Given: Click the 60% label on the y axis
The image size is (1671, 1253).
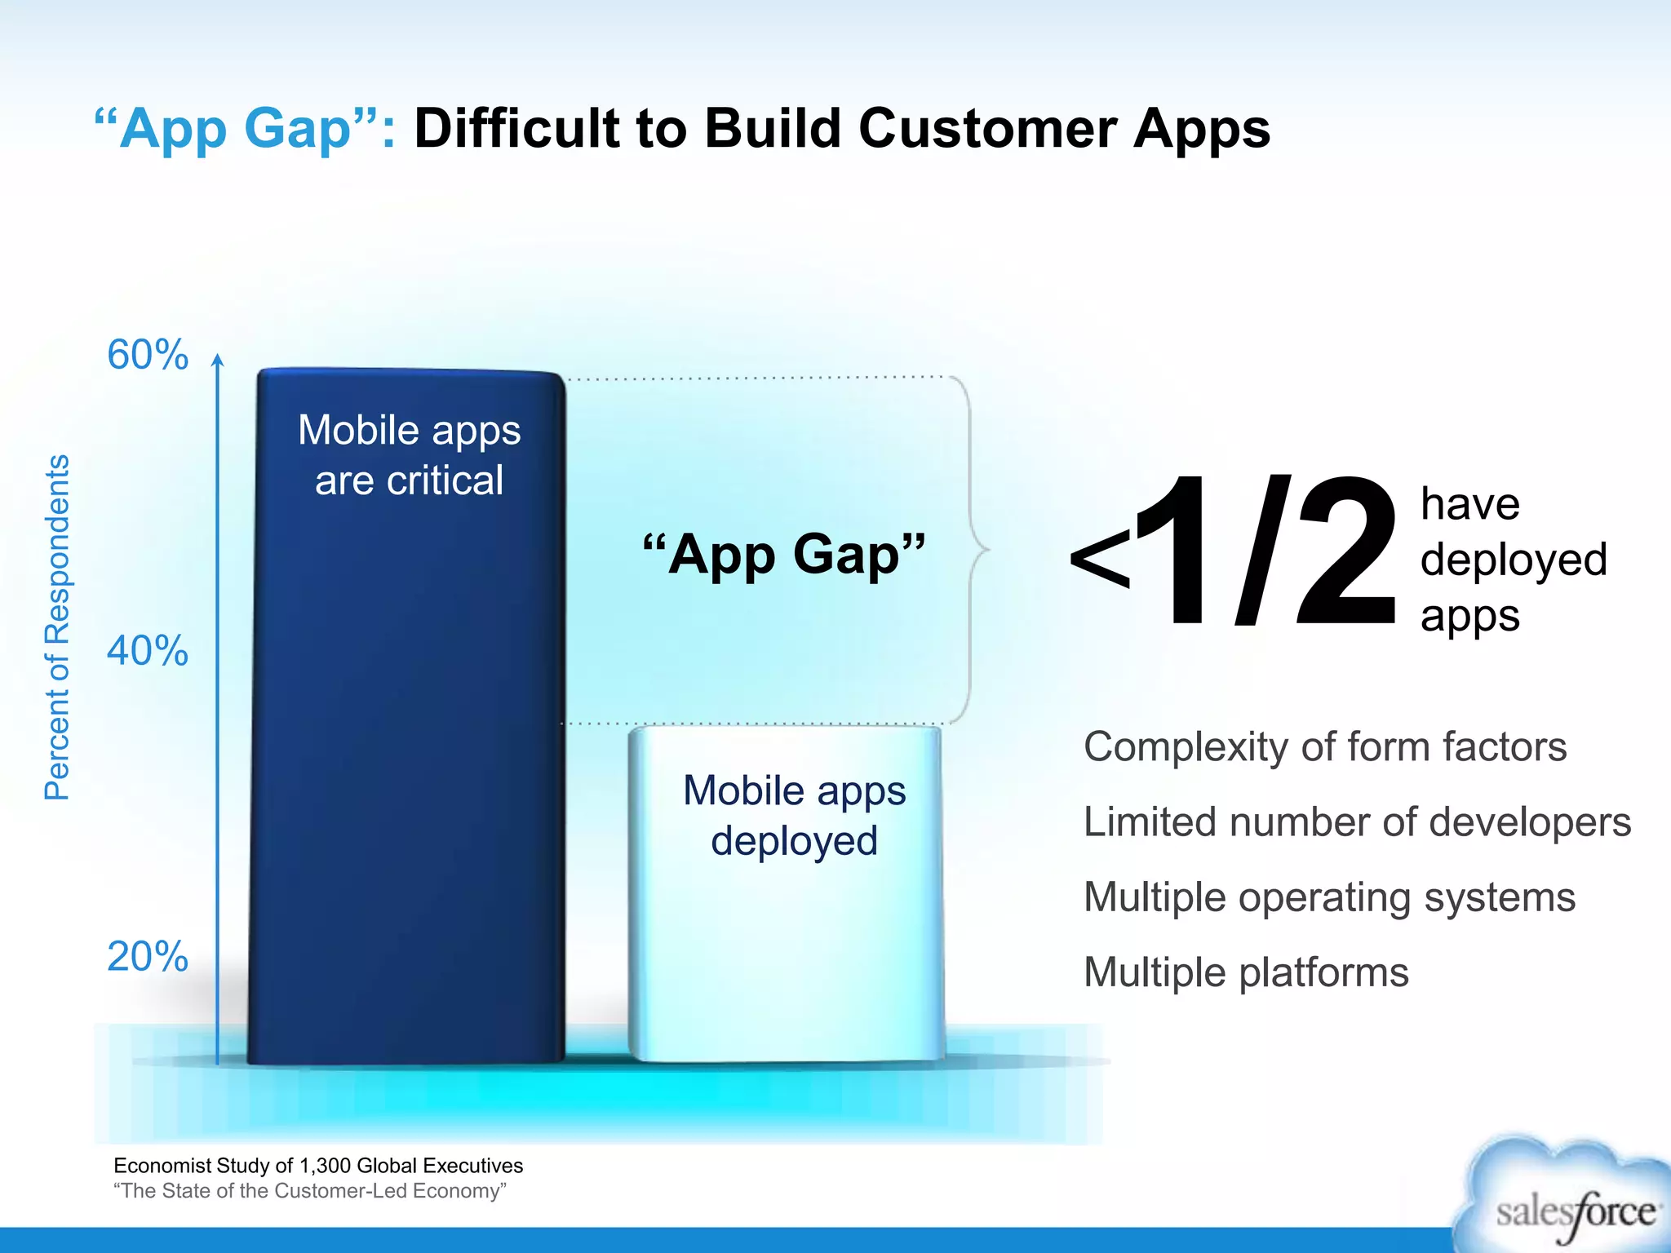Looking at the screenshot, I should click(x=148, y=355).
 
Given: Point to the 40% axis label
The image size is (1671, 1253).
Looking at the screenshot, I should click(x=148, y=651).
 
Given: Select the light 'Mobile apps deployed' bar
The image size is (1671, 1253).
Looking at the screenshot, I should click(x=785, y=938).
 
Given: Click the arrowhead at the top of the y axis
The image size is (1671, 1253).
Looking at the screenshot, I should click(x=217, y=361).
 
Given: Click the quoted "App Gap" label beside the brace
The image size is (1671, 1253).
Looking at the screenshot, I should click(x=783, y=555).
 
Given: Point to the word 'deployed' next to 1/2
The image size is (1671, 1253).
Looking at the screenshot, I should click(x=1514, y=560).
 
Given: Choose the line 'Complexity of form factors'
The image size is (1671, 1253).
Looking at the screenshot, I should click(x=1325, y=746).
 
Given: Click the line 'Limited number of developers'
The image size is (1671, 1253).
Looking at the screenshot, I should click(x=1357, y=821).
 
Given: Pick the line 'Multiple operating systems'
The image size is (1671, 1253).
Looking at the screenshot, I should click(x=1329, y=897).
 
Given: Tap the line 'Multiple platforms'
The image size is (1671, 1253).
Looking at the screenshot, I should click(x=1246, y=972).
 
